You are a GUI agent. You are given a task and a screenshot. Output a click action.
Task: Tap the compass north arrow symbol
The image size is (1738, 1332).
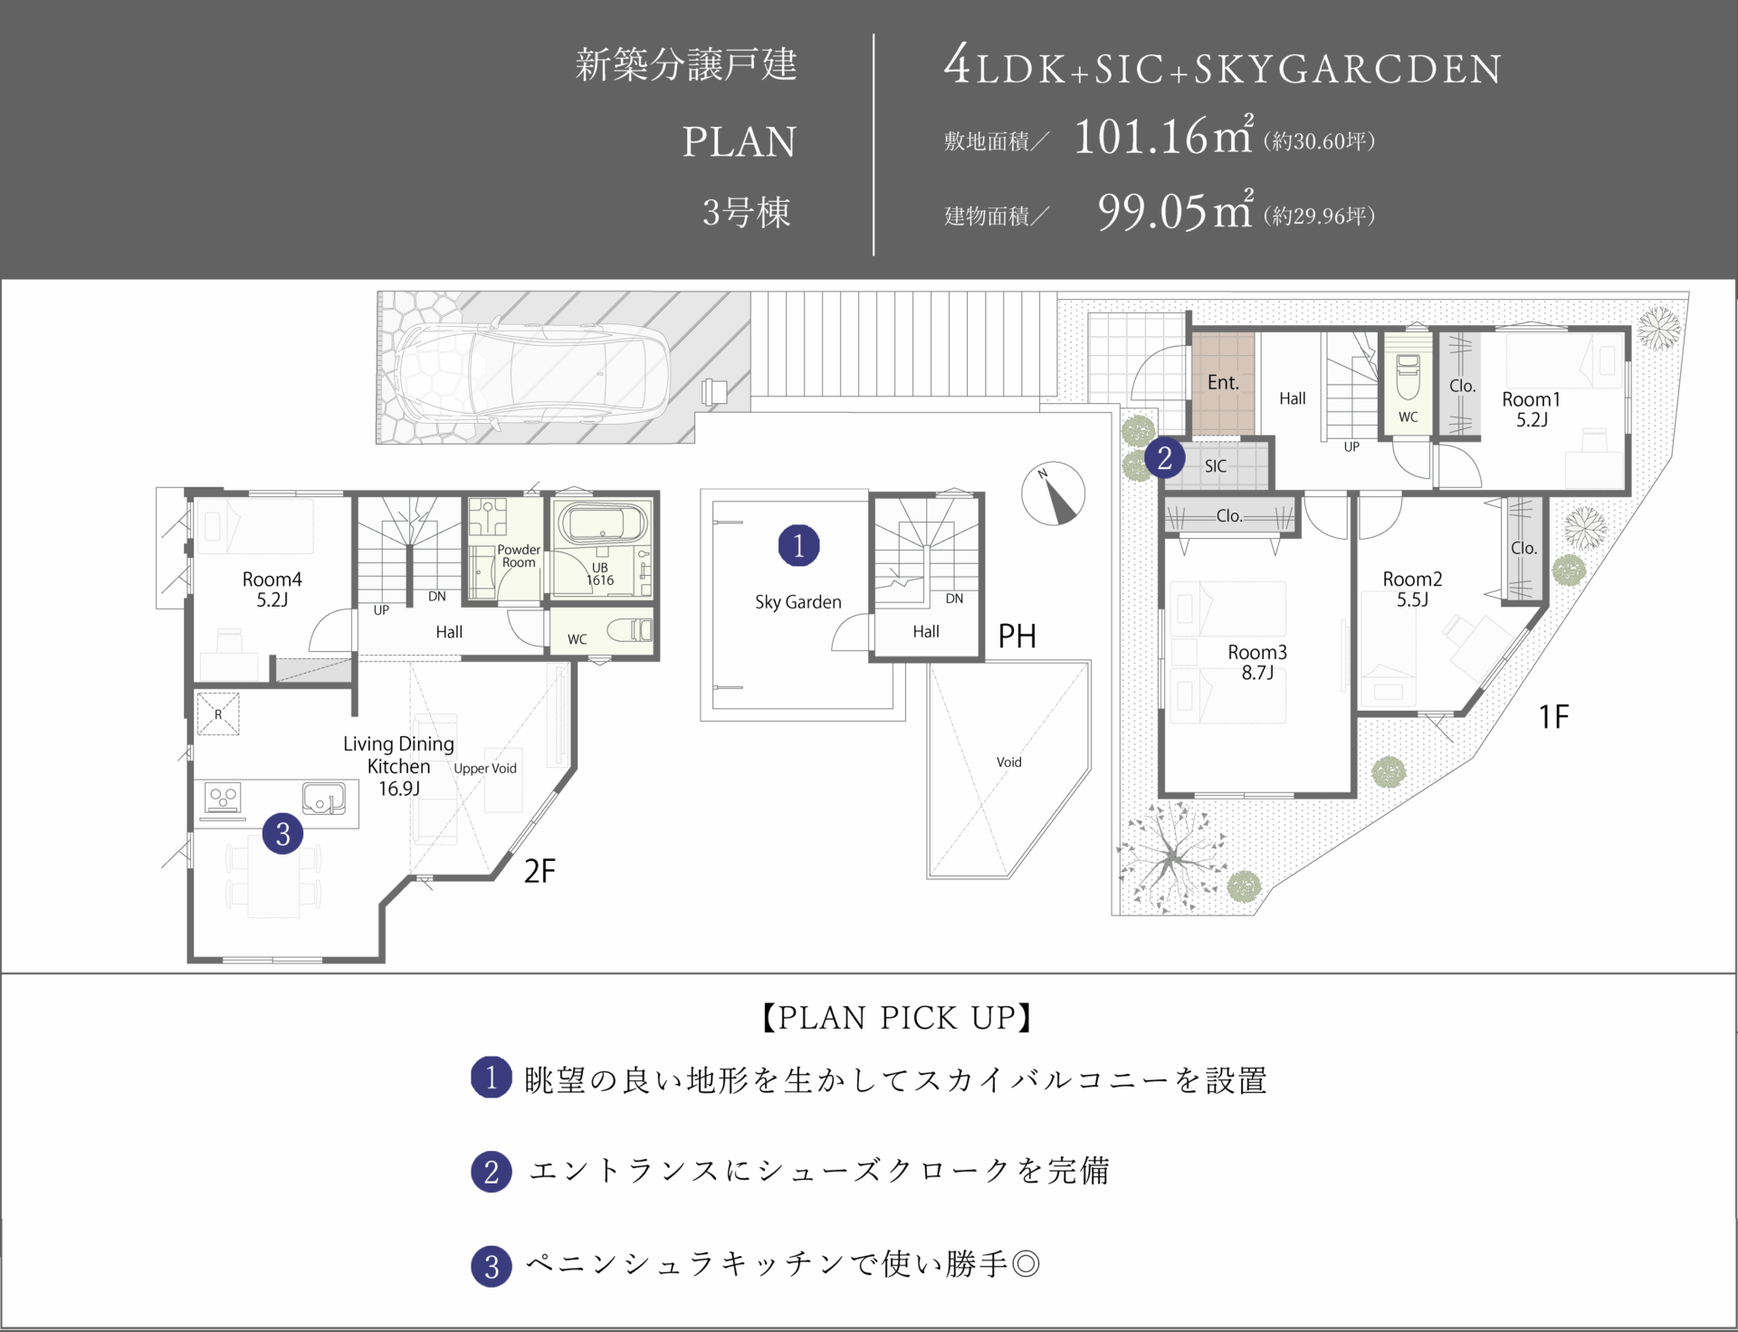pyautogui.click(x=1053, y=494)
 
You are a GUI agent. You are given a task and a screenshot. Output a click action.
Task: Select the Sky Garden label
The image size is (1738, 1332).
pyautogui.click(x=798, y=602)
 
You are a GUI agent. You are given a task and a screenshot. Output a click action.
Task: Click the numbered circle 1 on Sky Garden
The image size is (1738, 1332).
pyautogui.click(x=798, y=545)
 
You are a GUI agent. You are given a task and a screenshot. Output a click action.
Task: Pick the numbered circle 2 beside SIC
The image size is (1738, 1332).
pyautogui.click(x=1165, y=458)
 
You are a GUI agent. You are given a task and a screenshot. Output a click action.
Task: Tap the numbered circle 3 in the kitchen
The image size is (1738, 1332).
pyautogui.click(x=282, y=833)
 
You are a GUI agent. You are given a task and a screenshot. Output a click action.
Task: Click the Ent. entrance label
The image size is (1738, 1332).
pyautogui.click(x=1223, y=383)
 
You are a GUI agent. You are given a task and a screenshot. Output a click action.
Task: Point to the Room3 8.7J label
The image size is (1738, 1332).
pyautogui.click(x=1257, y=662)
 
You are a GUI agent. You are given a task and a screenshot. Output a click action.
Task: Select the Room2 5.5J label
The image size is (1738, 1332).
pyautogui.click(x=1412, y=589)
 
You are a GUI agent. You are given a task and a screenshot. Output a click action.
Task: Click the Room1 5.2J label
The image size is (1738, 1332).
pyautogui.click(x=1532, y=409)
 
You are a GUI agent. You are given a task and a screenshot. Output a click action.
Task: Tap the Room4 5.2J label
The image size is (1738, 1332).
pyautogui.click(x=272, y=589)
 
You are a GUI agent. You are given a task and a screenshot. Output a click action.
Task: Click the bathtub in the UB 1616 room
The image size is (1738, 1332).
pyautogui.click(x=603, y=523)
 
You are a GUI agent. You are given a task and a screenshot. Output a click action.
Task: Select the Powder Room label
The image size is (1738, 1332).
pyautogui.click(x=519, y=556)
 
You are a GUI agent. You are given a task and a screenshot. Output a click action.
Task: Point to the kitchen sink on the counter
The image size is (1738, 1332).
pyautogui.click(x=323, y=798)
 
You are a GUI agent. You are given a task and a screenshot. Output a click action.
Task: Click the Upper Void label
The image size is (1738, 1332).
pyautogui.click(x=485, y=769)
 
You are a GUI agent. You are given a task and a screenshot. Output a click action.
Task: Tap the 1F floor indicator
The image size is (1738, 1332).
pyautogui.click(x=1553, y=717)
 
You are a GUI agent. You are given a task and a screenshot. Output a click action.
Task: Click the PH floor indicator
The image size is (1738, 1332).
pyautogui.click(x=1017, y=637)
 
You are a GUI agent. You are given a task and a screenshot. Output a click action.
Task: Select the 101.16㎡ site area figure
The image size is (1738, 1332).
pyautogui.click(x=1164, y=137)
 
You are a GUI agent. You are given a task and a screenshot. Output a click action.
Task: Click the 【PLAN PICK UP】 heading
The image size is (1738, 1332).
pyautogui.click(x=895, y=1018)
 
